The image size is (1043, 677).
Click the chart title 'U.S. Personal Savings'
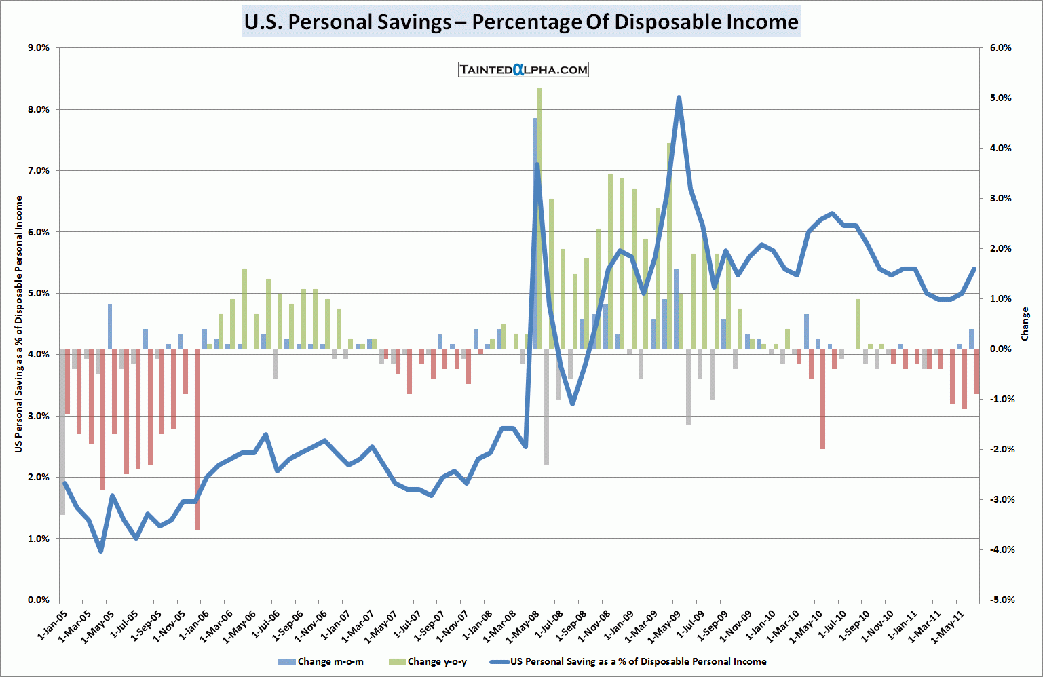(521, 22)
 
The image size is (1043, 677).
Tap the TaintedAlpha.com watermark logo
(523, 69)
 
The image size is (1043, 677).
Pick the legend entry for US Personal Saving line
(638, 661)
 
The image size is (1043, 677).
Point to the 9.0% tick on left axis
(39, 48)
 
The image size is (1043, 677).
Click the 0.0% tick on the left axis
(39, 600)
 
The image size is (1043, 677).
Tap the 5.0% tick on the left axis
(39, 294)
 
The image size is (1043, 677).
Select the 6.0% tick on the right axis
(1000, 48)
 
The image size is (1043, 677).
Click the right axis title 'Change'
(1025, 324)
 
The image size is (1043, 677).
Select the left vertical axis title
(18, 324)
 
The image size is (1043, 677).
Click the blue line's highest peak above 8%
(679, 98)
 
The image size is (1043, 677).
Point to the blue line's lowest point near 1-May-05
(100, 551)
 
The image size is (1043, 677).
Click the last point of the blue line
(974, 269)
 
